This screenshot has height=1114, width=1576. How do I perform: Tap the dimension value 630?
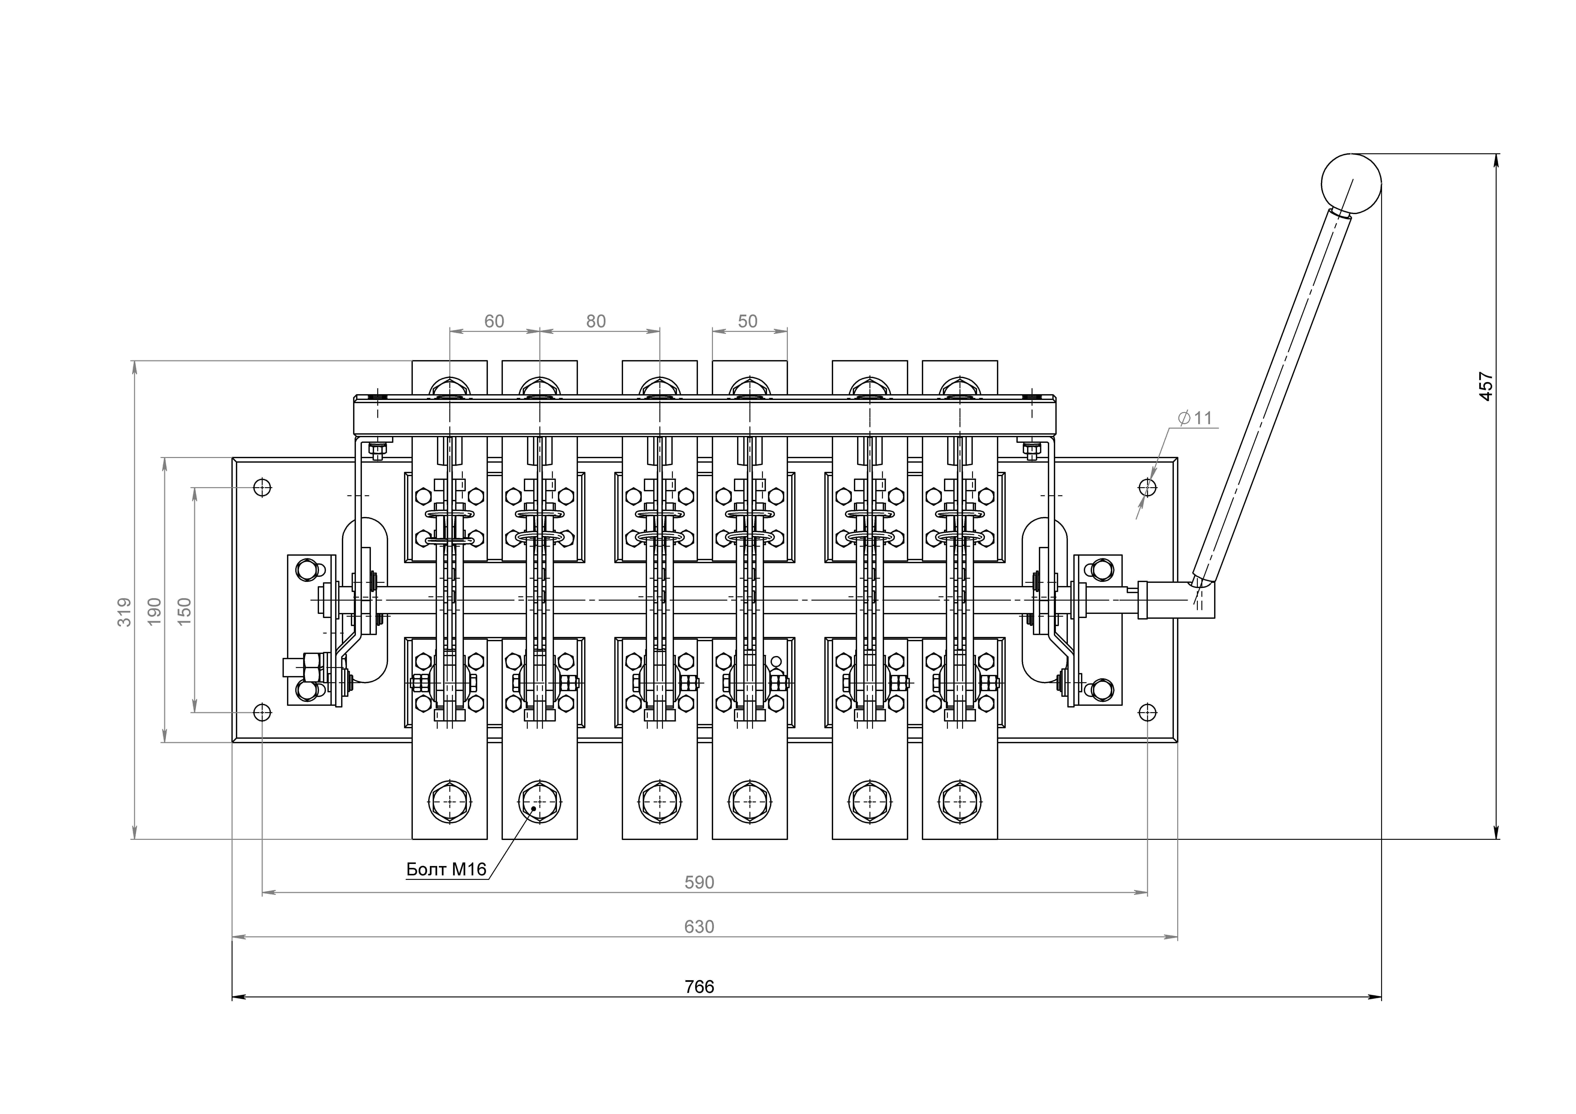pos(699,927)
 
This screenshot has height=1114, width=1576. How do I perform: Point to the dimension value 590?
pos(699,882)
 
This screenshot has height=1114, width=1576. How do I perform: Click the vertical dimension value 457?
pos(1485,386)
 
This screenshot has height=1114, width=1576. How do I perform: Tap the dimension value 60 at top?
pos(494,321)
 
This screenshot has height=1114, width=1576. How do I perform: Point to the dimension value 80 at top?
pos(596,321)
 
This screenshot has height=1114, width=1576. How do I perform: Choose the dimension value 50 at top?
pos(748,321)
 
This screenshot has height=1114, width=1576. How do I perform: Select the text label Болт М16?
pos(446,869)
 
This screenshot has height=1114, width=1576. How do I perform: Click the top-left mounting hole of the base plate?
pos(262,487)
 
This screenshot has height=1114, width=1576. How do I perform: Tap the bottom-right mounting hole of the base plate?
pos(1148,713)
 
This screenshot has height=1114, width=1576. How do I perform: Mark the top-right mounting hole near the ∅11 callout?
pos(1148,487)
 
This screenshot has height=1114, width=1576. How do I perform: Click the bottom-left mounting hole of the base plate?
pos(262,713)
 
